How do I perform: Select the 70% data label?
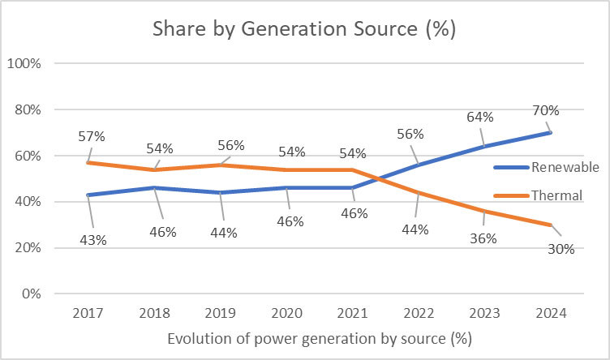545,109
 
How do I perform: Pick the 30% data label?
559,249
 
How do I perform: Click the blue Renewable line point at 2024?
550,132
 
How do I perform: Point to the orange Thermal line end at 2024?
550,225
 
